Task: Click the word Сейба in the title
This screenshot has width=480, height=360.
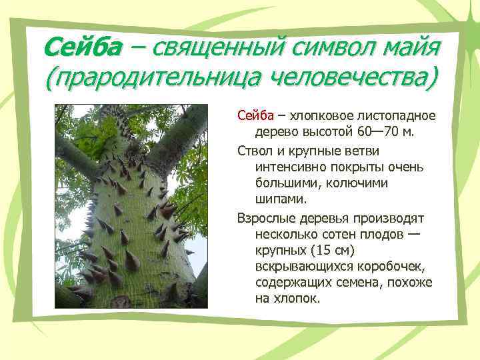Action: point(83,47)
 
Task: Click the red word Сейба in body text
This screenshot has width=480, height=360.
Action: point(253,115)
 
